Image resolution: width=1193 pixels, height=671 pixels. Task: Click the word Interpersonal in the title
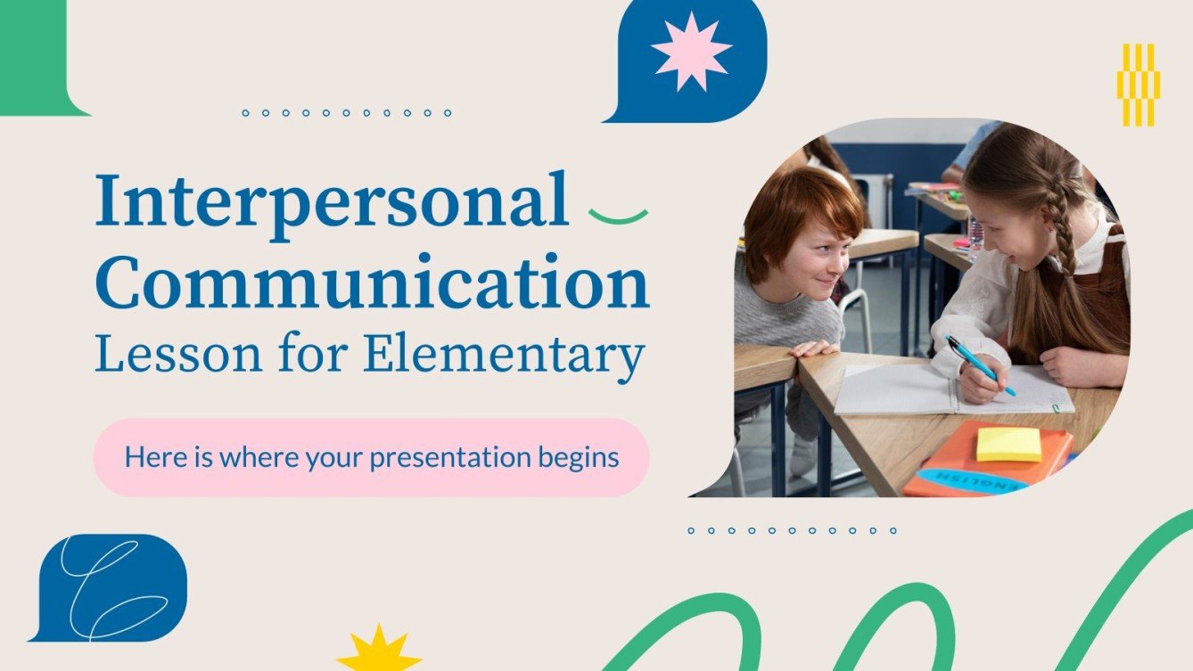point(332,201)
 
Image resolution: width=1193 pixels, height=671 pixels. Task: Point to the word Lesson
point(172,354)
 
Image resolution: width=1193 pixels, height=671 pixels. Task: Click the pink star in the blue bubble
point(691,51)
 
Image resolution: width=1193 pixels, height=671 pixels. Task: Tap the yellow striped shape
point(1138,85)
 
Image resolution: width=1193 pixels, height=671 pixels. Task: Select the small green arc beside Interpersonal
point(618,215)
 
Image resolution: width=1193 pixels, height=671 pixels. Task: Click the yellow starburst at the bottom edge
point(379,651)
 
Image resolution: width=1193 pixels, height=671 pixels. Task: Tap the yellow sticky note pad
point(1008,444)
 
